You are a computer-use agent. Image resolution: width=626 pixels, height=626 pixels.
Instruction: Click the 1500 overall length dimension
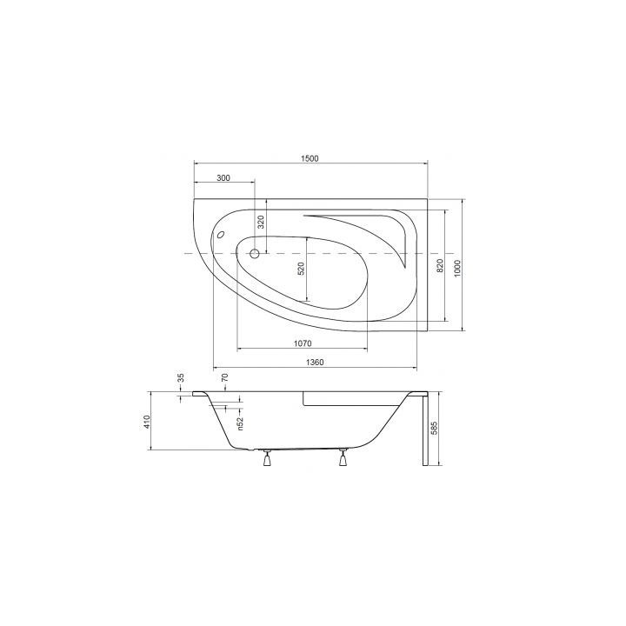[x=310, y=158]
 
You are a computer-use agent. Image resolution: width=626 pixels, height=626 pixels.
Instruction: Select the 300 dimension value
[x=223, y=178]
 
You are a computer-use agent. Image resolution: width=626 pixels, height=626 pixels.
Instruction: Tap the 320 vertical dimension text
[x=261, y=222]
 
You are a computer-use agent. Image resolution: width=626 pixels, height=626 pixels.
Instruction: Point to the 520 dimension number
[x=301, y=269]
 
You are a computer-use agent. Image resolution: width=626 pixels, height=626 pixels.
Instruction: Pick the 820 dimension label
[x=440, y=265]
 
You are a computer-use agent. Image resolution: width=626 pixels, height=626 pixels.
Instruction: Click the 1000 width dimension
[x=457, y=268]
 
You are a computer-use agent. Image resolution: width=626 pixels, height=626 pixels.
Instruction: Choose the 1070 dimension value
[x=303, y=343]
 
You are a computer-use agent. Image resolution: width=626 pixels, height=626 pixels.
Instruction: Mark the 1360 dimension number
[x=315, y=363]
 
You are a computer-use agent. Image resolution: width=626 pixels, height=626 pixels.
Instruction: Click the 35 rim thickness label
[x=181, y=377]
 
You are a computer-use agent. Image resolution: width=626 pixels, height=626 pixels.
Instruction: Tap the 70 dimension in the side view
[x=224, y=377]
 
